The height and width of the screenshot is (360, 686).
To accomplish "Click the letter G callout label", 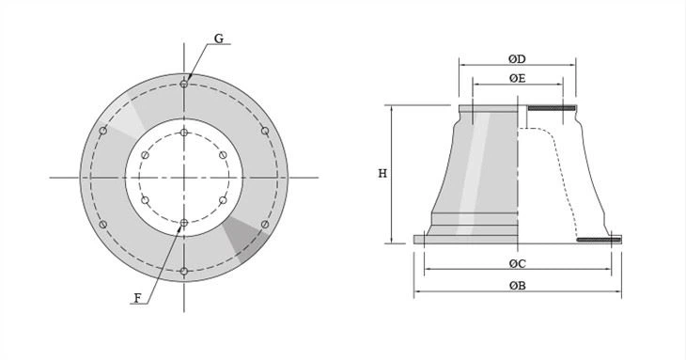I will tap(219, 39).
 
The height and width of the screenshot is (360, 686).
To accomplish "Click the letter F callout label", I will tap(138, 298).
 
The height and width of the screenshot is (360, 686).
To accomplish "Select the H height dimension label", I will tap(382, 174).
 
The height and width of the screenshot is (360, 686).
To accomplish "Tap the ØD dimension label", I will tap(517, 59).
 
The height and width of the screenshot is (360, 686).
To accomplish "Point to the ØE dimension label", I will tap(517, 78).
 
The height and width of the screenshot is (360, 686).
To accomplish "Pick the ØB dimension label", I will tap(517, 285).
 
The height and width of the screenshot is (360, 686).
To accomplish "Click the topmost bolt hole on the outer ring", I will tap(184, 84).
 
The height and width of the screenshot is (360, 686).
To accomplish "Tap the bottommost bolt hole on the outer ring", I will tap(184, 272).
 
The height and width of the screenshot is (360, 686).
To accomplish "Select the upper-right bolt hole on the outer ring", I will tap(265, 131).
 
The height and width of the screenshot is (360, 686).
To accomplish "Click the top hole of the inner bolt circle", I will tap(184, 132).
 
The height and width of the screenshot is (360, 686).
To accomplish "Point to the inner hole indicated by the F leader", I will tap(184, 223).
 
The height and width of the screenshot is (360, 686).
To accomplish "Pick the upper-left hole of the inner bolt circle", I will tap(146, 155).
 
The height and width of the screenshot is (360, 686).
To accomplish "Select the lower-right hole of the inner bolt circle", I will tap(223, 200).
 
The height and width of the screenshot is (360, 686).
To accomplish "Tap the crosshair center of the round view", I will tap(184, 177).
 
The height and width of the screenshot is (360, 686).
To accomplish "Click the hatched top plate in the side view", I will tap(552, 109).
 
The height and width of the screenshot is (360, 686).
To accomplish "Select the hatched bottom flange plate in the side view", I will tap(599, 241).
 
